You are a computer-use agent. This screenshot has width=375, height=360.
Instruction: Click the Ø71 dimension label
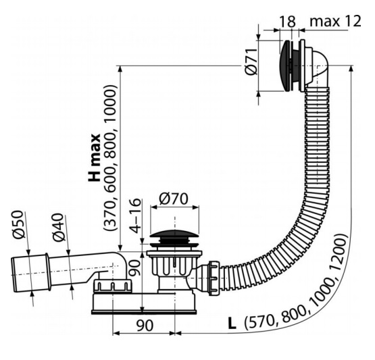tap(251, 61)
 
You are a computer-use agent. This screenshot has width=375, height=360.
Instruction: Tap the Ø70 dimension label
tap(174, 199)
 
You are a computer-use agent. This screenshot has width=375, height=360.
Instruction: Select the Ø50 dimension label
tap(19, 224)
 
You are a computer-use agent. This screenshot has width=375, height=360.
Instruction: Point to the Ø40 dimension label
tap(58, 228)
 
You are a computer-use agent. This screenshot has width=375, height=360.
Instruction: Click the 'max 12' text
tap(335, 21)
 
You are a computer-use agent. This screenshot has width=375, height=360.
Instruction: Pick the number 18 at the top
tap(287, 22)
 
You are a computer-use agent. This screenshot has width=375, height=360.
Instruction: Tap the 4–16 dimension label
tap(135, 215)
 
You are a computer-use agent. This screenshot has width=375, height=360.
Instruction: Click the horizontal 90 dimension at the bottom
tap(144, 326)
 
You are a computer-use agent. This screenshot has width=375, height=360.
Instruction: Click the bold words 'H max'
tap(94, 158)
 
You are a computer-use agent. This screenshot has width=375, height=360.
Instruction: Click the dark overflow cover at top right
tap(284, 66)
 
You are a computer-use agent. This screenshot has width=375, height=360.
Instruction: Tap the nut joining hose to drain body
tap(214, 278)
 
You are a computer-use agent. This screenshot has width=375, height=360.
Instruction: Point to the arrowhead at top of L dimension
tap(351, 68)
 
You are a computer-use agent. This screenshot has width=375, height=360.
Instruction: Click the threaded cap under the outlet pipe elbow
tap(112, 286)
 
